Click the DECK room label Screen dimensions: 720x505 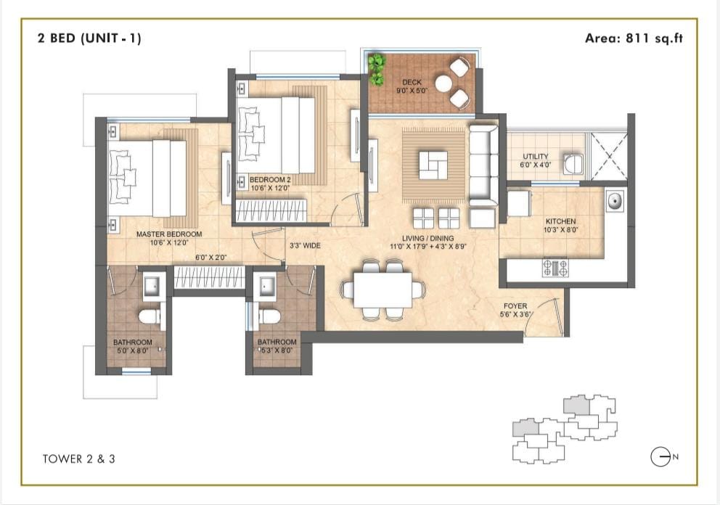pyautogui.click(x=412, y=82)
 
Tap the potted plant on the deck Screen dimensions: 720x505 pyautogui.click(x=377, y=70)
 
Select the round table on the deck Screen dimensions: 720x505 pyautogui.click(x=443, y=83)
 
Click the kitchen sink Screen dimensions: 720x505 pyautogui.click(x=614, y=200)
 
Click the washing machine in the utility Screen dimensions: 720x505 pyautogui.click(x=573, y=164)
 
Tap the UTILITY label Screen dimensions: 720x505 pyautogui.click(x=536, y=156)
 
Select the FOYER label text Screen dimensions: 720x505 pyautogui.click(x=515, y=305)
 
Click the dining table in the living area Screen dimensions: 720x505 pyautogui.click(x=382, y=290)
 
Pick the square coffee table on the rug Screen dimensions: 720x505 pyautogui.click(x=433, y=165)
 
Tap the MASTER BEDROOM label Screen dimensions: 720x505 pyautogui.click(x=169, y=234)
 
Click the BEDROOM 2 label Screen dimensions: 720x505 pyautogui.click(x=270, y=179)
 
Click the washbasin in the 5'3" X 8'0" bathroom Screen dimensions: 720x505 pyautogui.click(x=266, y=287)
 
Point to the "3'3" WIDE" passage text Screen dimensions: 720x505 pyautogui.click(x=305, y=246)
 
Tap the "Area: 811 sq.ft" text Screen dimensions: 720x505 pyautogui.click(x=634, y=38)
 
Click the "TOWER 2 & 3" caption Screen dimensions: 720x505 pyautogui.click(x=79, y=459)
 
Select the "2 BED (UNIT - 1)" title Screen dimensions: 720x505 pyautogui.click(x=89, y=38)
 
